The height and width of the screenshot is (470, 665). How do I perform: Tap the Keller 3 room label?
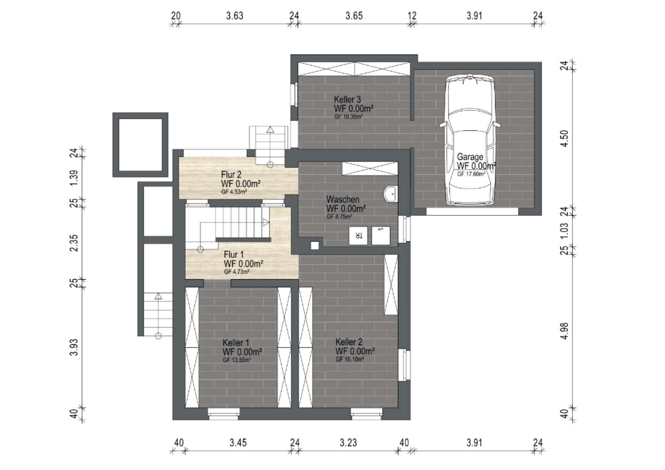(x=347, y=99)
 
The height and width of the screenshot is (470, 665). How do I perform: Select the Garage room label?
(x=470, y=157)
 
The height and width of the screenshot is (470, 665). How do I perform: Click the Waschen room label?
(x=343, y=199)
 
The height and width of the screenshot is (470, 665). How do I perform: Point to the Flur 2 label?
(x=231, y=175)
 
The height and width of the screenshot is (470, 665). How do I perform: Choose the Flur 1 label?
(x=234, y=255)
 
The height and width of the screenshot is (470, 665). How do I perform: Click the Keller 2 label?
(x=349, y=342)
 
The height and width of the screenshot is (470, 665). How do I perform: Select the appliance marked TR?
(x=358, y=236)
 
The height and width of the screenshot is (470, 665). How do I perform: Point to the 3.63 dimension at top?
(x=235, y=16)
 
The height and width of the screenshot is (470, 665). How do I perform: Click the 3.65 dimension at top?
(x=354, y=16)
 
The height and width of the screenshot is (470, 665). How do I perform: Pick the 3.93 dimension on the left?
(x=74, y=347)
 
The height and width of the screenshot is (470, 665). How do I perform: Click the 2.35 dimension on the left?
(x=74, y=243)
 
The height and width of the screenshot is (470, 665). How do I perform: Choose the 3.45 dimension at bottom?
(x=238, y=442)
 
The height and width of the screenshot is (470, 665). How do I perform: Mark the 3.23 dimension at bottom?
(x=348, y=442)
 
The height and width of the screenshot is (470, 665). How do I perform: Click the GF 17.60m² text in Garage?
(x=471, y=174)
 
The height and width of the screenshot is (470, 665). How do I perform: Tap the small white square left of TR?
(x=315, y=246)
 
